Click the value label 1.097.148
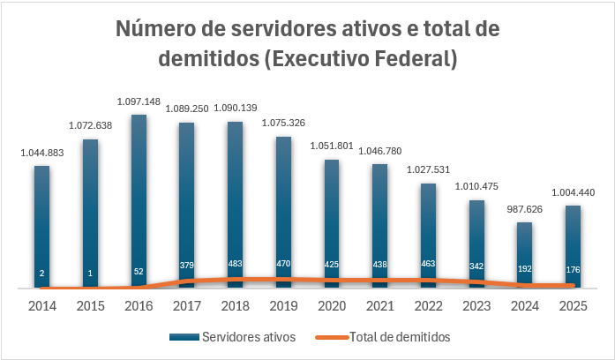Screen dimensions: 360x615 (x=139, y=102)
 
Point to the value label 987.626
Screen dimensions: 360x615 (x=524, y=210)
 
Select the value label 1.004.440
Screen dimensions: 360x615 (x=573, y=193)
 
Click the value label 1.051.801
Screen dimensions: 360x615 (x=331, y=147)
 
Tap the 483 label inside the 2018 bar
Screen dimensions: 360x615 (x=235, y=263)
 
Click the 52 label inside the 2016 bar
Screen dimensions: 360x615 (x=139, y=272)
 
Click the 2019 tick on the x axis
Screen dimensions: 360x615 (x=283, y=306)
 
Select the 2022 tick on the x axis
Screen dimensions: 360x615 (x=428, y=306)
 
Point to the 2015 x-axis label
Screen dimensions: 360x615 (x=90, y=306)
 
